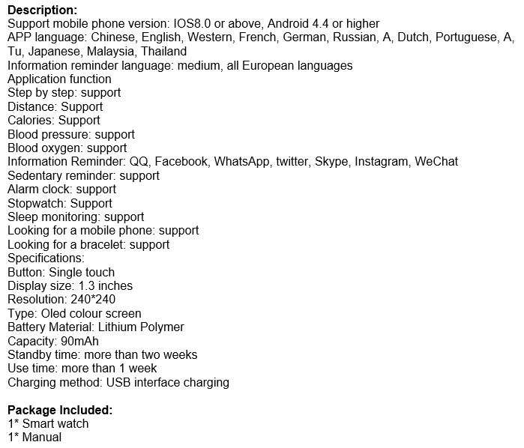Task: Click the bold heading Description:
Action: [x=42, y=10]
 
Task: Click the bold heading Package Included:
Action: [x=60, y=410]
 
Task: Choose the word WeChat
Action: [x=436, y=162]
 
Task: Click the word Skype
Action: [x=331, y=162]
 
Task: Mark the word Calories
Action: [x=30, y=120]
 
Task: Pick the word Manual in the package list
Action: [x=41, y=437]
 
